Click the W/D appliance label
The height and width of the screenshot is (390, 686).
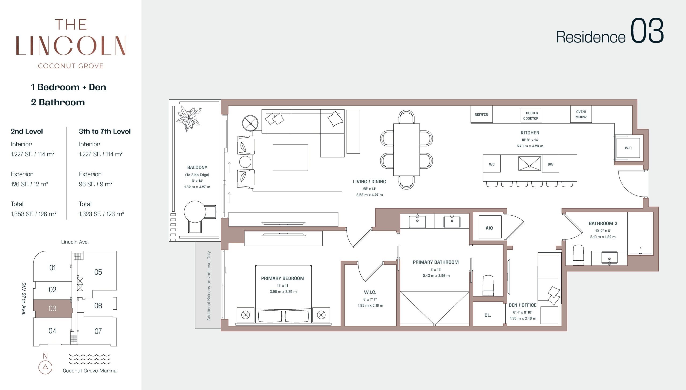point(628,148)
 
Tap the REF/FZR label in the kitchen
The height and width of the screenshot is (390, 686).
point(481,115)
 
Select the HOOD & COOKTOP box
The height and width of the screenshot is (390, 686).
point(531,115)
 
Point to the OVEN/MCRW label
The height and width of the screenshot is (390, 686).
point(581,114)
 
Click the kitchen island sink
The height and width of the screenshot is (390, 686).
point(530,164)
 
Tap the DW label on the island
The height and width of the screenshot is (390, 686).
point(550,164)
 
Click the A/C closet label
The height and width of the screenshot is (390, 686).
point(489,228)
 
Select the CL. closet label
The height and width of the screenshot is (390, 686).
point(488,315)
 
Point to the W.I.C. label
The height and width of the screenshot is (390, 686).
point(370,292)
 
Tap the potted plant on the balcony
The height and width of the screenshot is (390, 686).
point(189,118)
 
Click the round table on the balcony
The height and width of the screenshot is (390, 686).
point(195,212)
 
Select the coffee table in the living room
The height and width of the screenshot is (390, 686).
point(290,157)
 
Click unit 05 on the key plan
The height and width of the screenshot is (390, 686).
point(98,272)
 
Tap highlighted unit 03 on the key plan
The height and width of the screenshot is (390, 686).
point(53,309)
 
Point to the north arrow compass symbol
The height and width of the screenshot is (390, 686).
point(45,367)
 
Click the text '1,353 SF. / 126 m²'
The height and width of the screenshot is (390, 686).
point(33,214)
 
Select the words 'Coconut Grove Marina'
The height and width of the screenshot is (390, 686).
point(90,371)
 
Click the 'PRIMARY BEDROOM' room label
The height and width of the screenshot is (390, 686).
point(283,278)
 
